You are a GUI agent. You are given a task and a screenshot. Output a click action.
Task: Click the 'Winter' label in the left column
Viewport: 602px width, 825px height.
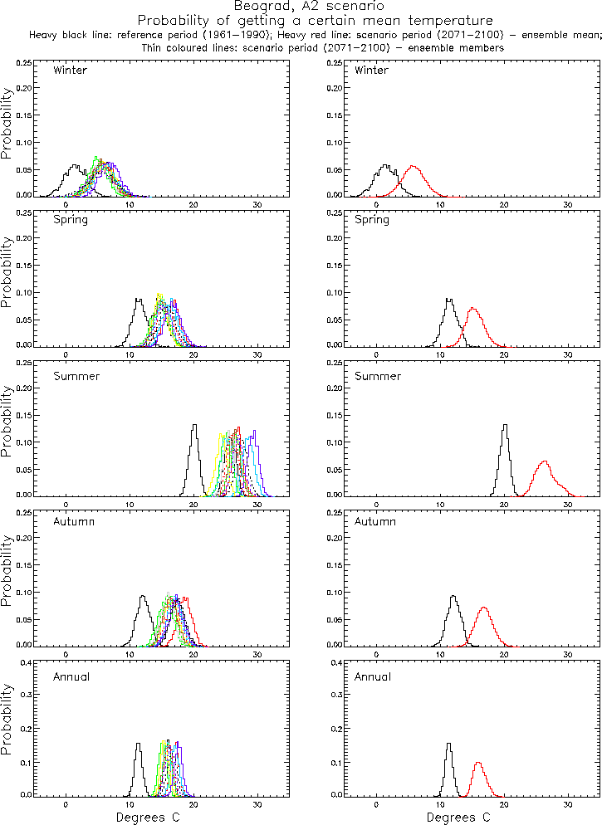tap(70, 71)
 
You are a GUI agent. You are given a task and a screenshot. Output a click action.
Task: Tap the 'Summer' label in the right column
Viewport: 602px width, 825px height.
tap(372, 376)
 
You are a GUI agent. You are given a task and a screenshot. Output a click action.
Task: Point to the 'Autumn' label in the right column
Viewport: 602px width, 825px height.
tap(372, 522)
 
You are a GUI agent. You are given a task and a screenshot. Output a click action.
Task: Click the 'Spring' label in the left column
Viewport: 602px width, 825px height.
tap(70, 220)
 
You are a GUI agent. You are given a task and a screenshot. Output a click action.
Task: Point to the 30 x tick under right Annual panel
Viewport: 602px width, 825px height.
tap(568, 805)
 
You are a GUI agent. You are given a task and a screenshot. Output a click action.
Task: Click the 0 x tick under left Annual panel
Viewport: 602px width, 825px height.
tap(66, 805)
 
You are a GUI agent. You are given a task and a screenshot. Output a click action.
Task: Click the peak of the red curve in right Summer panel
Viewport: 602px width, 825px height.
tap(545, 461)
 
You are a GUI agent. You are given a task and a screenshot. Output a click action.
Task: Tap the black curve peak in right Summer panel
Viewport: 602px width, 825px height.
tap(505, 425)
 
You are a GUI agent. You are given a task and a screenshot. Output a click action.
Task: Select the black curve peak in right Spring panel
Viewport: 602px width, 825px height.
tap(449, 299)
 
